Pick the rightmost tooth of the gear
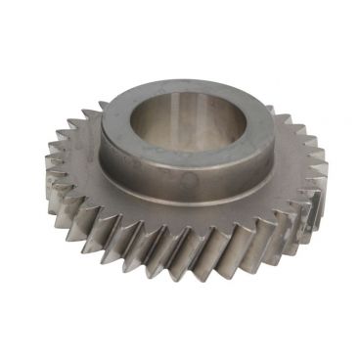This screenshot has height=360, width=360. [329, 196]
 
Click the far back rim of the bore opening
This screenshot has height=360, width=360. [191, 94]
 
